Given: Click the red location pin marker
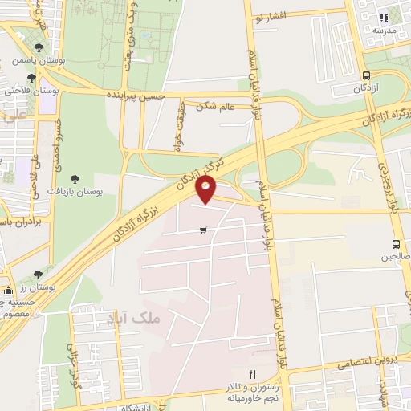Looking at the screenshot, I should pos(207,189).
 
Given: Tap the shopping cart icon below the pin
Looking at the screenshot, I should pos(203,230).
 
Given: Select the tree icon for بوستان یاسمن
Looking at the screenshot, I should pos(31,78).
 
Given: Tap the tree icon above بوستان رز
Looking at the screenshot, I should pos(38,275).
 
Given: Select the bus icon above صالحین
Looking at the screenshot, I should pos(395,244).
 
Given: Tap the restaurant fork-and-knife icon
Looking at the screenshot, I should pos(252,375).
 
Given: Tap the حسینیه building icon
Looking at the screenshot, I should pos(8,290).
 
